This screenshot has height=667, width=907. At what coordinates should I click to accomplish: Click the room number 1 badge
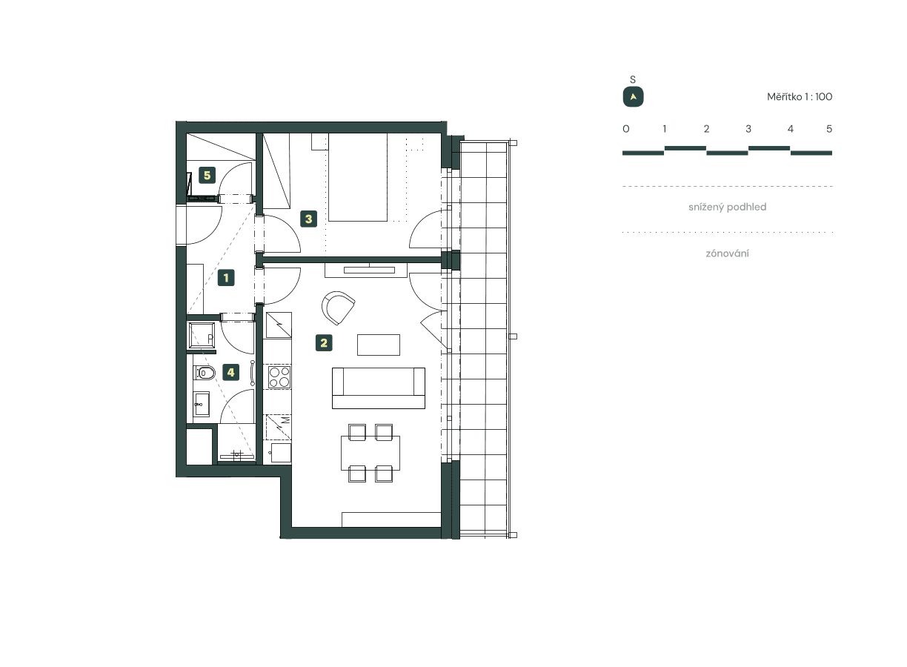[x=226, y=278]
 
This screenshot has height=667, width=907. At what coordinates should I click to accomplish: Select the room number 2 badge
[x=323, y=343]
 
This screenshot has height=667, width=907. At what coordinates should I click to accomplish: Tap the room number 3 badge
[x=308, y=219]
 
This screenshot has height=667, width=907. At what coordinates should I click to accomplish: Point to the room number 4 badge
[x=231, y=372]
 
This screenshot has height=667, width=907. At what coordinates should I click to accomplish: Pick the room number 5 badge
[x=207, y=176]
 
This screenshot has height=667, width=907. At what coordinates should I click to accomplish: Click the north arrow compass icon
[x=633, y=97]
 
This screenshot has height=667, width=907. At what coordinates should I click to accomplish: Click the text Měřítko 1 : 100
[x=799, y=97]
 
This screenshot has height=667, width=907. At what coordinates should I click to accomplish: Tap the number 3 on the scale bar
[x=748, y=129]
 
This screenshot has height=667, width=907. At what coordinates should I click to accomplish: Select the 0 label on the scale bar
[x=626, y=129]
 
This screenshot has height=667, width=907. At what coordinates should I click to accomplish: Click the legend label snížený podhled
[x=727, y=208]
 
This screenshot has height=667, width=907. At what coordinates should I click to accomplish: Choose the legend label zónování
[x=727, y=253]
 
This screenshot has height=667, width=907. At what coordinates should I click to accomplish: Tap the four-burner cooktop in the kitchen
[x=279, y=376]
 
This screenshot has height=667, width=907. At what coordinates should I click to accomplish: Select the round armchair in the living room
[x=339, y=307]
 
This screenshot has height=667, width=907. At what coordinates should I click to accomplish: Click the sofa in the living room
[x=378, y=388]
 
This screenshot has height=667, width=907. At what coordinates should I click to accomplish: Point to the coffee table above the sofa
[x=378, y=345]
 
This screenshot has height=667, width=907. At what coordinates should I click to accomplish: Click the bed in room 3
[x=358, y=178]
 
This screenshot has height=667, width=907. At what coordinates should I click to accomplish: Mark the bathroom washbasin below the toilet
[x=202, y=405]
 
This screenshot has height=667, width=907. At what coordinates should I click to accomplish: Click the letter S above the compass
[x=633, y=79]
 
